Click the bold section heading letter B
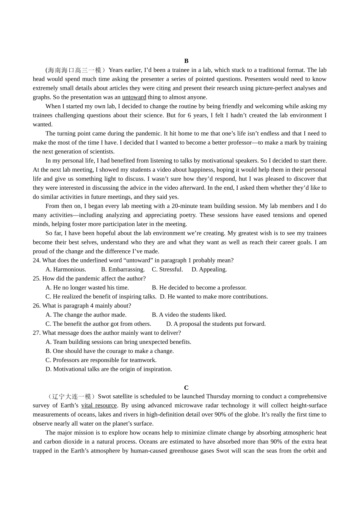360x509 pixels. pyautogui.click(x=186, y=61)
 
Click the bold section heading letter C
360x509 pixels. pyautogui.click(x=186, y=387)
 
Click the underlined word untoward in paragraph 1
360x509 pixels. pyautogui.click(x=134, y=97)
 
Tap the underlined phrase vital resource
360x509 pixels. pyautogui.click(x=99, y=406)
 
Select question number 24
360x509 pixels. pyautogui.click(x=36, y=261)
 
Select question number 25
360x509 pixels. pyautogui.click(x=36, y=279)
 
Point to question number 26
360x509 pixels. pyautogui.click(x=36, y=306)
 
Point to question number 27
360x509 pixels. pyautogui.click(x=36, y=333)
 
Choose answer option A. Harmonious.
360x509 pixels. pyautogui.click(x=66, y=270)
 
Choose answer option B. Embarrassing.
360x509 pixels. pyautogui.click(x=123, y=270)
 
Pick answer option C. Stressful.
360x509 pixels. pyautogui.click(x=167, y=270)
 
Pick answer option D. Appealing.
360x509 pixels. pyautogui.click(x=209, y=270)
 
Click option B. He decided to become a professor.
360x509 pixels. pyautogui.click(x=199, y=288)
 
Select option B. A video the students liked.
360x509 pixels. pyautogui.click(x=189, y=315)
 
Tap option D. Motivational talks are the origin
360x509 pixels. pyautogui.click(x=109, y=369)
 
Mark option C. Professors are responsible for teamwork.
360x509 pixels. pyautogui.click(x=101, y=360)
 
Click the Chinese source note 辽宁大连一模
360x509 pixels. pyautogui.click(x=72, y=397)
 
